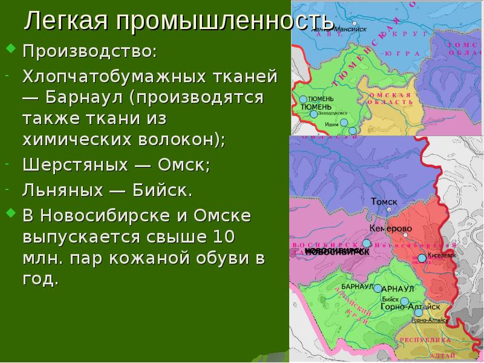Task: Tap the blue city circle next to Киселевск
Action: [422, 258]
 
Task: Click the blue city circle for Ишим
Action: [344, 123]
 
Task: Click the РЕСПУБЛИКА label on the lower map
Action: [426, 341]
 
